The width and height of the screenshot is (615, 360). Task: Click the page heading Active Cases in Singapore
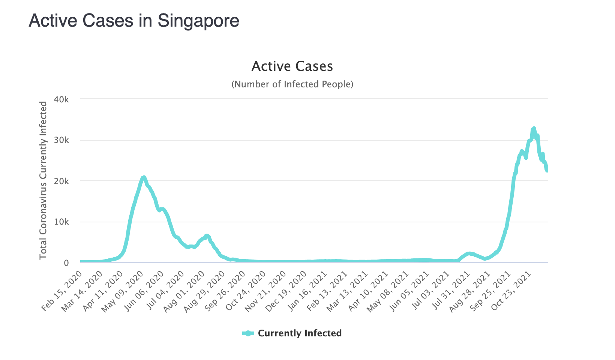tap(134, 21)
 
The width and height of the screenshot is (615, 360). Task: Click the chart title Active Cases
tap(292, 66)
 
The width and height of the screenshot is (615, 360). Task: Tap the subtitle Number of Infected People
tap(292, 84)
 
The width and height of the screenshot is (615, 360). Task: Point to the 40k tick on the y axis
tap(61, 99)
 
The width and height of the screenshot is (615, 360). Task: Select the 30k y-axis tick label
tap(61, 140)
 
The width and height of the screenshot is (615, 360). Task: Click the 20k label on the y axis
tap(61, 181)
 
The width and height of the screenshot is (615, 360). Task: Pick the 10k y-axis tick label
tap(61, 222)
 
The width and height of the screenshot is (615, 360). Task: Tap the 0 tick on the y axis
tap(66, 263)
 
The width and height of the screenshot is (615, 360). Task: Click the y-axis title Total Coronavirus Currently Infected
tap(43, 180)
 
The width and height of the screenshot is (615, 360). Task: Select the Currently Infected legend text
tap(300, 333)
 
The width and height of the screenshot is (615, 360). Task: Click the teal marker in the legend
tap(248, 333)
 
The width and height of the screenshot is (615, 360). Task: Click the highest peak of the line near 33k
tap(534, 129)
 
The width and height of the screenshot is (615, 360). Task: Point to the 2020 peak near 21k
tap(144, 177)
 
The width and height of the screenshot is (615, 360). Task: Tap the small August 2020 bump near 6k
tap(207, 235)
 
